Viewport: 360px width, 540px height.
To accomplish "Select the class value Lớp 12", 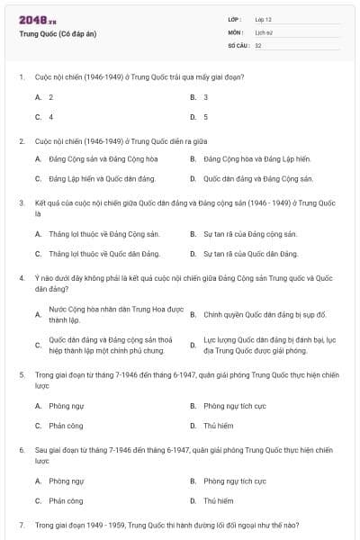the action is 263,19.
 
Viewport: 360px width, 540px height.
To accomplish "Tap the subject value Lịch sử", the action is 263,31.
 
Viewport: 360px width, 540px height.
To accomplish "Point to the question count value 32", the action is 258,44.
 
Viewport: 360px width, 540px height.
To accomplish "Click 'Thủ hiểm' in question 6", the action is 219,500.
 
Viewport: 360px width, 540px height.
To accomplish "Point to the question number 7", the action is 21,524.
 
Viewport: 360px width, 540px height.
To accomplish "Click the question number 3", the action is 21,202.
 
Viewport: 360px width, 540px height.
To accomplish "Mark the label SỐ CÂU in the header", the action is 238,44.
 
